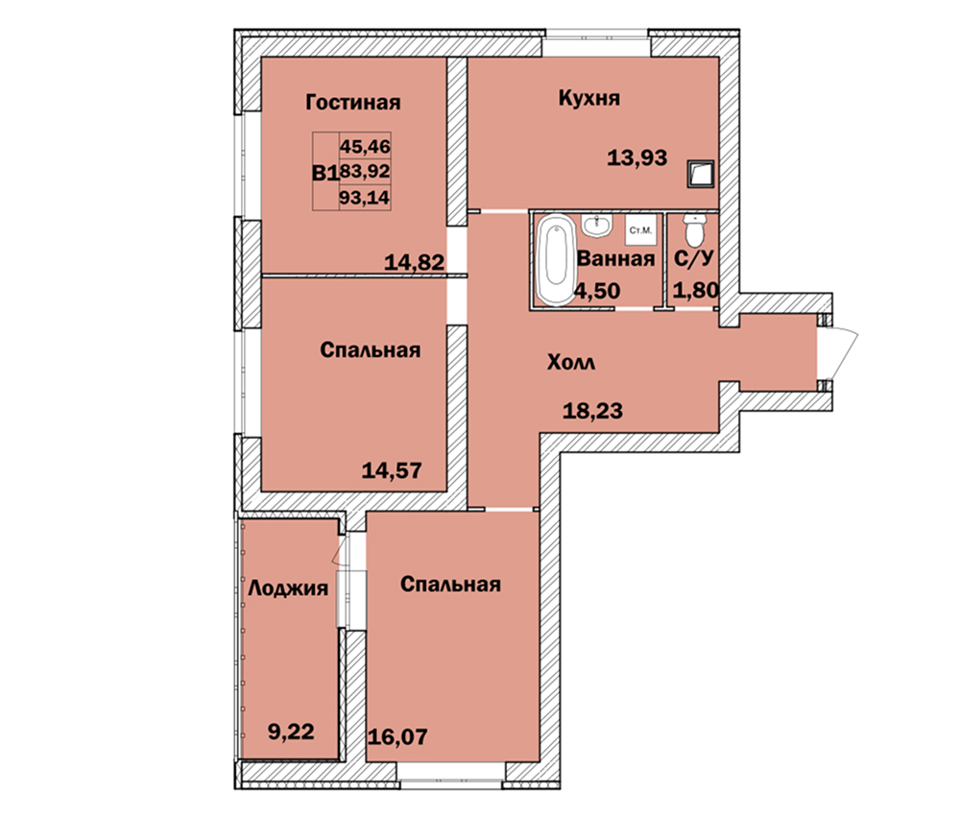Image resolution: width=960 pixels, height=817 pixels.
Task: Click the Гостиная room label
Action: coord(352,102)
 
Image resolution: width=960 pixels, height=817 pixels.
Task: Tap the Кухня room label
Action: coord(589,98)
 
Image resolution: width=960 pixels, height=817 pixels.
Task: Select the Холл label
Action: coord(570,363)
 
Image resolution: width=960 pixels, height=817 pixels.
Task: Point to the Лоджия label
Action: coord(288,589)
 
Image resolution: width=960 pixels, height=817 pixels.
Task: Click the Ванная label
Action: coord(616,259)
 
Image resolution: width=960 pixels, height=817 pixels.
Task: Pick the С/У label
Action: coord(694,258)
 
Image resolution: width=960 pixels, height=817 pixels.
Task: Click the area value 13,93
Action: coord(636,158)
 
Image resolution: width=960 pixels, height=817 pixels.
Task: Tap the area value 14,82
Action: coord(414,263)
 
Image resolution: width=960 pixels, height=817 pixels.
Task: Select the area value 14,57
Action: coord(392,470)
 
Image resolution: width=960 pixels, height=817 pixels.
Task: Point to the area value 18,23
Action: coord(592,410)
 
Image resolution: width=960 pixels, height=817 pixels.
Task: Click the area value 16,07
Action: coord(397,736)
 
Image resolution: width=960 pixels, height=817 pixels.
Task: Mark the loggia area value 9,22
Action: coord(291,732)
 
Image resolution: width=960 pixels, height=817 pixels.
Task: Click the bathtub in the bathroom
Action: coord(556,259)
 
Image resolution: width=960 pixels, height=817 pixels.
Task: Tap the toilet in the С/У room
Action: coord(694,229)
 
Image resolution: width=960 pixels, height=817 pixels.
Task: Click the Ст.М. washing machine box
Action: coord(640,230)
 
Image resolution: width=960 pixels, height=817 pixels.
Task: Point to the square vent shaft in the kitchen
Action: coord(701,175)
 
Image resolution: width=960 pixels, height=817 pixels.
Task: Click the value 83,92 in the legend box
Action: coord(365,171)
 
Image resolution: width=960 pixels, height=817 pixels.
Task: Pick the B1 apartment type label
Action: coord(325,174)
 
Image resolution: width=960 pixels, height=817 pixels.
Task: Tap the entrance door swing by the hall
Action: coord(839,353)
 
